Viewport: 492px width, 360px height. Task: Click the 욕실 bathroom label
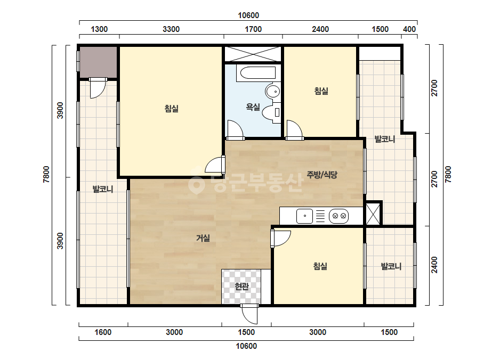tap(253, 107)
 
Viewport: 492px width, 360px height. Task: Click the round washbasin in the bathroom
tap(273, 92)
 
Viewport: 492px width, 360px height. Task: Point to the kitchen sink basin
tap(304, 216)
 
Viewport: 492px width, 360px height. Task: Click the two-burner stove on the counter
tap(338, 216)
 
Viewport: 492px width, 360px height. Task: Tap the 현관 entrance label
tap(241, 287)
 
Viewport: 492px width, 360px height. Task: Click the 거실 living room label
tap(203, 238)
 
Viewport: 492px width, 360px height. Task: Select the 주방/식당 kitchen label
tap(321, 175)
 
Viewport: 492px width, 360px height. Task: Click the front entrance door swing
tap(249, 314)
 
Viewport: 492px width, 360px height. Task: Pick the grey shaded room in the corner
tap(98, 62)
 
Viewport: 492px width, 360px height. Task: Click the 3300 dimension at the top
tap(171, 29)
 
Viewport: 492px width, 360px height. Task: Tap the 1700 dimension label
tap(253, 29)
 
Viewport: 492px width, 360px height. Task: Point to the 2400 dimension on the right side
tap(434, 265)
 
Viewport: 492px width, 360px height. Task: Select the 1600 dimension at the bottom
tap(103, 332)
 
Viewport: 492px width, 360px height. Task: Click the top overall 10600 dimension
tap(248, 15)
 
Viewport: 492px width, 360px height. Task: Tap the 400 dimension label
tap(409, 29)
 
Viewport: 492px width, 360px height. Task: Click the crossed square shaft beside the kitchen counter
tap(373, 214)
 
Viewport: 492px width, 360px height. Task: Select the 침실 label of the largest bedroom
tap(172, 109)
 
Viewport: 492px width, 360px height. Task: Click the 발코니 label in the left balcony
tap(103, 189)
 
